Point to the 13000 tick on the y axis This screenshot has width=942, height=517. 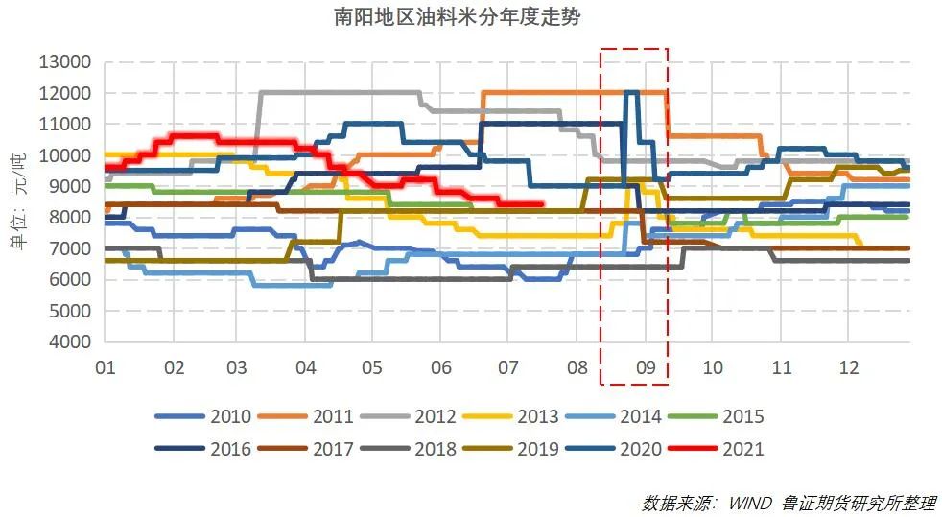tap(65, 62)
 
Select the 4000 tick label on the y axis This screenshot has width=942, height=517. tap(70, 342)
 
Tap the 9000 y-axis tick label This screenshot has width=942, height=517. tap(70, 187)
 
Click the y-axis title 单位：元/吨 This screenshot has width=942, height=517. tap(17, 201)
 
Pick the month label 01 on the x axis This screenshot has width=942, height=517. tap(106, 367)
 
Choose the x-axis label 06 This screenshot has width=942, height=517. tap(441, 367)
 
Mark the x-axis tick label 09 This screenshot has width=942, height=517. tap(645, 367)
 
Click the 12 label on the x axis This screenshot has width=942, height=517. tap(848, 367)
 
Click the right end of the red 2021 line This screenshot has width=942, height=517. tap(543, 203)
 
